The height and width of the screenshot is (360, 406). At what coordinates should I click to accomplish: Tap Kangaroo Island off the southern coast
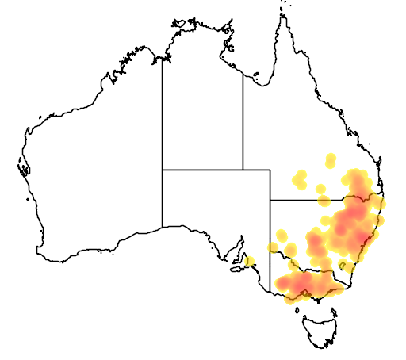click(x=237, y=268)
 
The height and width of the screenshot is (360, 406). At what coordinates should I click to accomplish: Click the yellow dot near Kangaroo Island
click(x=251, y=261)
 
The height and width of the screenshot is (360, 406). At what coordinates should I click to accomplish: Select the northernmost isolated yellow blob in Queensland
click(x=330, y=162)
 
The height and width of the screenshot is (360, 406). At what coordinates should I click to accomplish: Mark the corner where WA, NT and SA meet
click(x=163, y=169)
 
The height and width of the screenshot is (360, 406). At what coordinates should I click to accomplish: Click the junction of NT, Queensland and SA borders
click(x=243, y=169)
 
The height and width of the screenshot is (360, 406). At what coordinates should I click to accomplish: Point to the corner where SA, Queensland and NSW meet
click(x=271, y=200)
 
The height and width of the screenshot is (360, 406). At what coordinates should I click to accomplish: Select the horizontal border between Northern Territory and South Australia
click(x=202, y=169)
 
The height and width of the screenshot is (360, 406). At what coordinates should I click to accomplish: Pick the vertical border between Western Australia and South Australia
click(x=163, y=198)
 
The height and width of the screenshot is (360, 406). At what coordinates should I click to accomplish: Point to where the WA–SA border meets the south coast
click(x=163, y=228)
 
